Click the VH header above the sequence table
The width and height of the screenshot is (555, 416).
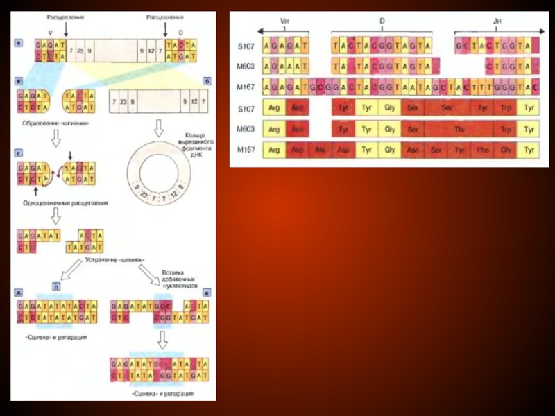[x=284, y=21]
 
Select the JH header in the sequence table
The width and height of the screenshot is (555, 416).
[x=497, y=21]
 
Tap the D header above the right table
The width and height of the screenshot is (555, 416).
[x=382, y=21]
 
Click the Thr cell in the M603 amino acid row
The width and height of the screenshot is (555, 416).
[x=459, y=130]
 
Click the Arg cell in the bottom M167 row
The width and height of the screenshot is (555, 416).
[x=275, y=149]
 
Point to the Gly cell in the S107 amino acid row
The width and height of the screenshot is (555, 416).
[x=389, y=110]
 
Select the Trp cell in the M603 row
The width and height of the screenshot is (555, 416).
[x=506, y=130]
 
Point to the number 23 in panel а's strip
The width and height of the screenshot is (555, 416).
[x=80, y=51]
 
